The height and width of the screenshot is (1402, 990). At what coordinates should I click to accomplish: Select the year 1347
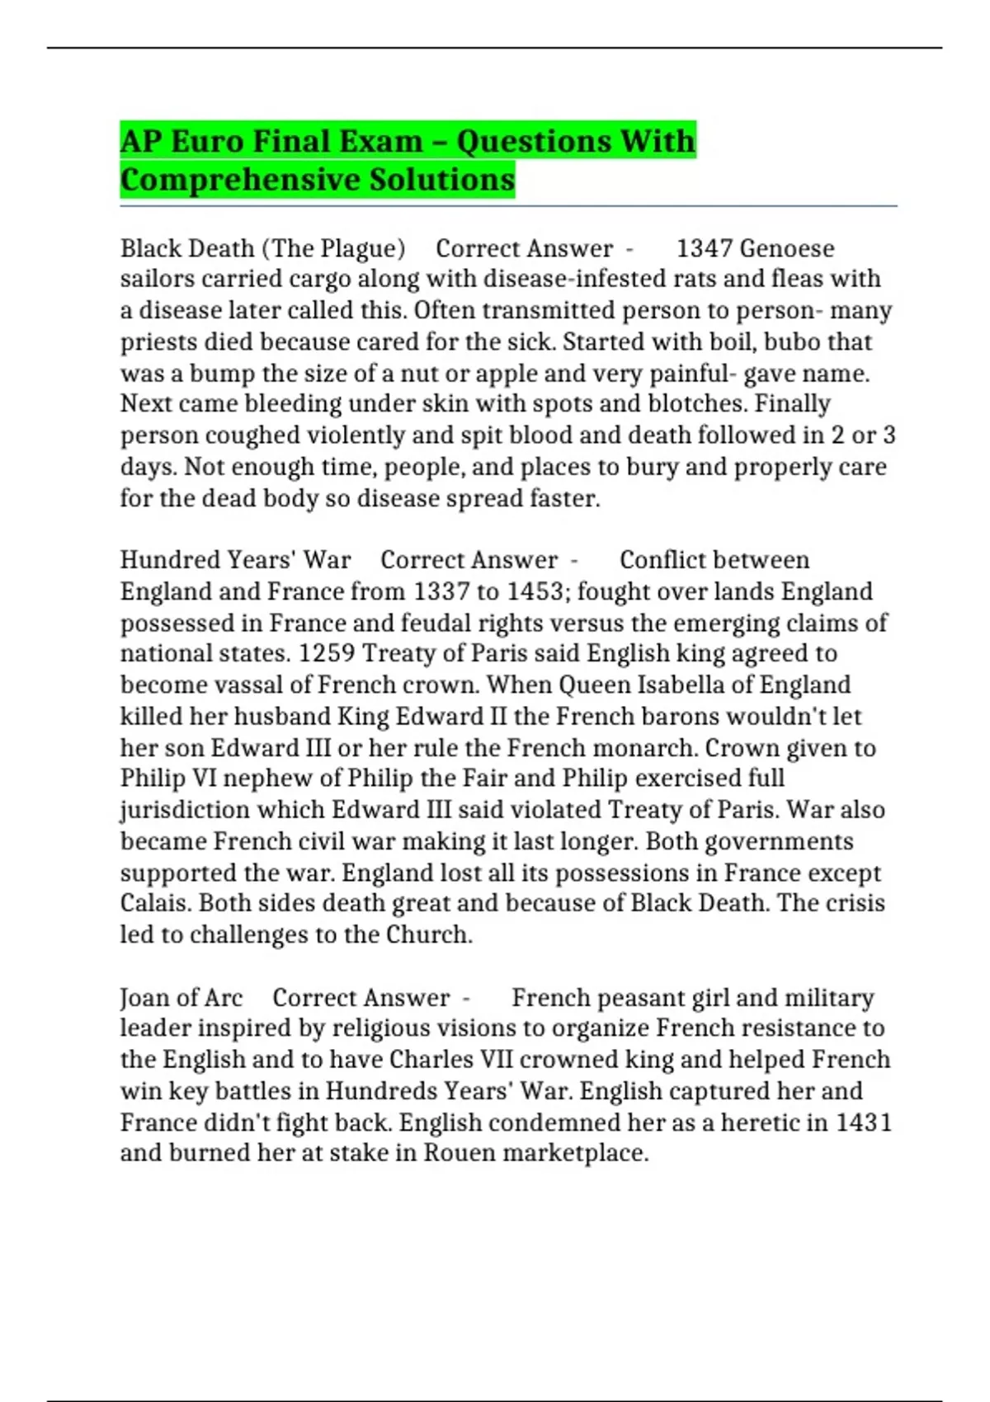704,248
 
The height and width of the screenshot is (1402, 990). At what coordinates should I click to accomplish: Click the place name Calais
154,903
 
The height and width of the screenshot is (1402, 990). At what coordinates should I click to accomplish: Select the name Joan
148,998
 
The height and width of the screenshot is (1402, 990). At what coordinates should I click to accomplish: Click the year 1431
864,1122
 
